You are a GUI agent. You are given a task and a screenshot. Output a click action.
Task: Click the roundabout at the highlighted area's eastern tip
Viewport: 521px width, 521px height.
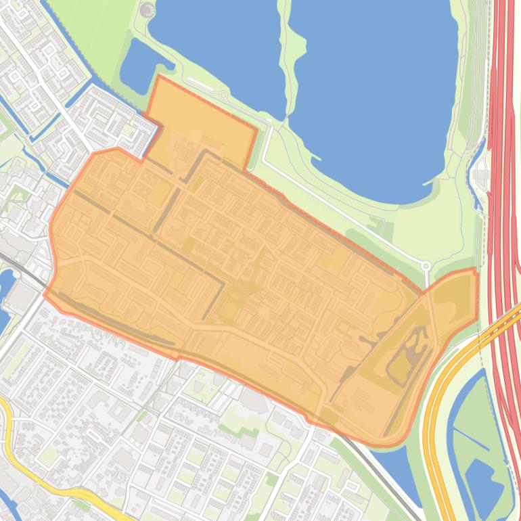pos(426,266)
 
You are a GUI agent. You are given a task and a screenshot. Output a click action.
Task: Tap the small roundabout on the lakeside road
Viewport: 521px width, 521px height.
pos(223,95)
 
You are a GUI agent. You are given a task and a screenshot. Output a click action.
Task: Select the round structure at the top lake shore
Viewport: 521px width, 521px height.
pos(147,9)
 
